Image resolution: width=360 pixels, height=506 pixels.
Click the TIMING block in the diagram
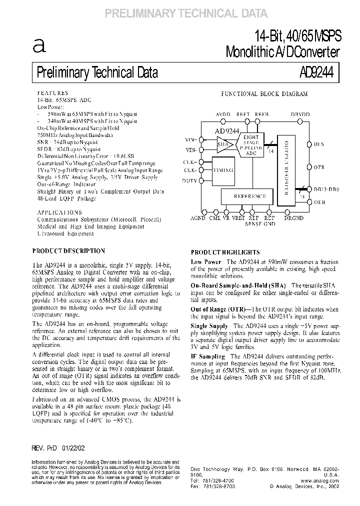tap(223, 170)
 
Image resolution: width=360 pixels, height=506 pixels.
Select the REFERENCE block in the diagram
tap(249, 196)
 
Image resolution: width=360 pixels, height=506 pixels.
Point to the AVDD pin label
tap(222, 114)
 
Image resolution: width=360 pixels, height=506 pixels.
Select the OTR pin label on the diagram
tap(318, 167)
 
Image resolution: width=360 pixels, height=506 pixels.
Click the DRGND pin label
tap(293, 218)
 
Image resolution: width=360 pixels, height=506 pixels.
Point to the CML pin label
tap(214, 218)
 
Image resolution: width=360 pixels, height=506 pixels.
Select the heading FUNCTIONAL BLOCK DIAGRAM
tap(264, 94)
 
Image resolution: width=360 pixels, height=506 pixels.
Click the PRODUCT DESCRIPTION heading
tap(68, 251)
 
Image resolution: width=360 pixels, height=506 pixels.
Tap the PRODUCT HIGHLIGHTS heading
tap(225, 253)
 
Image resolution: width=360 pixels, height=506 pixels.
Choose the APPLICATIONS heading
tap(56, 212)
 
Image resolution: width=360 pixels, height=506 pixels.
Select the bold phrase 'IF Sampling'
tap(207, 356)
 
